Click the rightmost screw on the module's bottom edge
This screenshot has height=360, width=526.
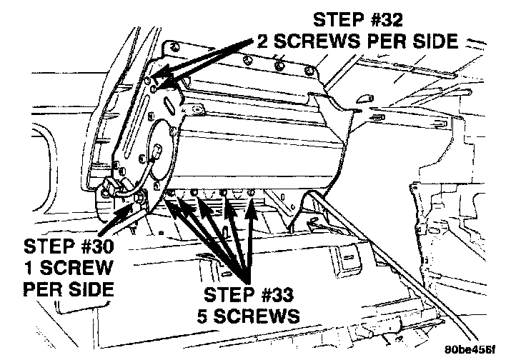click(x=252, y=191)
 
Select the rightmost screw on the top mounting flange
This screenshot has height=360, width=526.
click(x=309, y=70)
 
